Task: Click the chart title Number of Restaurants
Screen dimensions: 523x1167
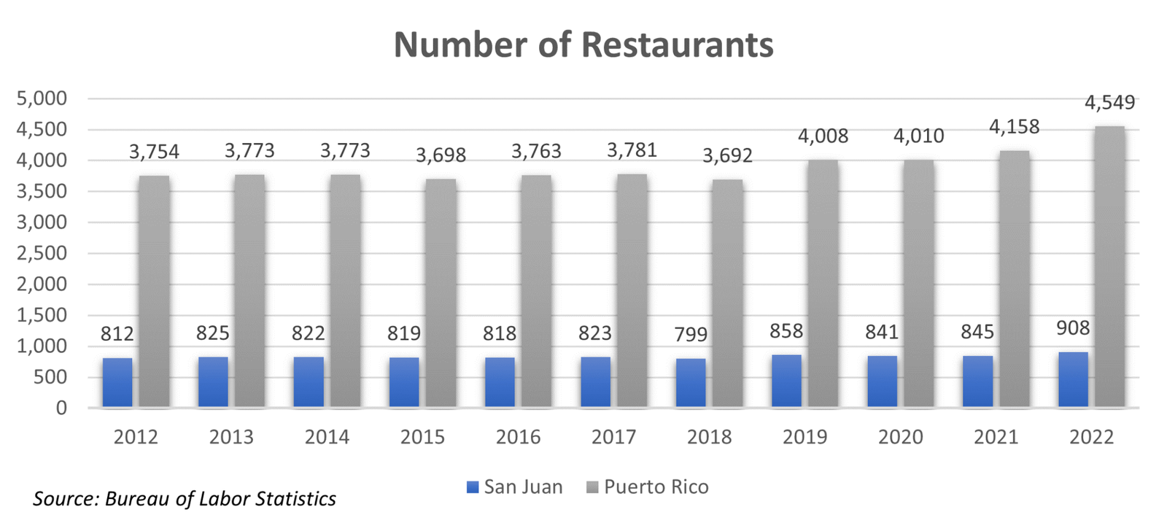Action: [x=583, y=44]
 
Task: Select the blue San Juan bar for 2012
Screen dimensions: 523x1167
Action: [x=117, y=382]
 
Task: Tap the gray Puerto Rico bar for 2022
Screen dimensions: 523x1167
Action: [x=1109, y=266]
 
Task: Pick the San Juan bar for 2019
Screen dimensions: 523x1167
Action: [x=786, y=381]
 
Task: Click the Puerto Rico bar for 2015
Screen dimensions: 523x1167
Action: [x=441, y=293]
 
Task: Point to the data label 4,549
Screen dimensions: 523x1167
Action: [x=1109, y=103]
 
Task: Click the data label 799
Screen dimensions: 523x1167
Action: [x=691, y=334]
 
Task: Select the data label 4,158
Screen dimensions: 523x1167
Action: [x=1014, y=127]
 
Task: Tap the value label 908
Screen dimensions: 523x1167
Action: [x=1073, y=328]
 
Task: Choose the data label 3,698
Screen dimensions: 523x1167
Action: [x=441, y=155]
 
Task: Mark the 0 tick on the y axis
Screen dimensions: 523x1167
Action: [x=61, y=408]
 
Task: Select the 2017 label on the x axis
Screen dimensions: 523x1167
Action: [x=613, y=437]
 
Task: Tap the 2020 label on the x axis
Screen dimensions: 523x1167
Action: [x=900, y=437]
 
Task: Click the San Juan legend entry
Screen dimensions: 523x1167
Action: [x=515, y=487]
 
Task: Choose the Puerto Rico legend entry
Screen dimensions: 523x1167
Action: [x=648, y=487]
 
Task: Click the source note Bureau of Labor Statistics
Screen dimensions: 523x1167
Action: [x=185, y=499]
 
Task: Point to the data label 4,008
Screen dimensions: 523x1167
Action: [x=823, y=136]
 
